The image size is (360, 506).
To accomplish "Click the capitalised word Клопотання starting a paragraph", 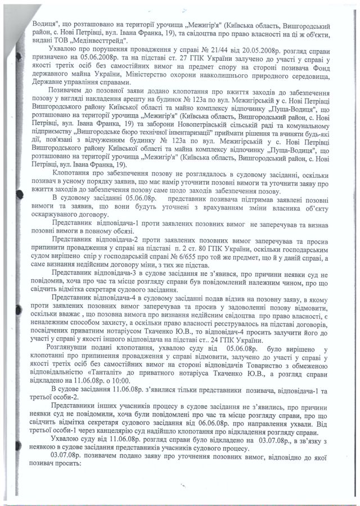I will (73, 176).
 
